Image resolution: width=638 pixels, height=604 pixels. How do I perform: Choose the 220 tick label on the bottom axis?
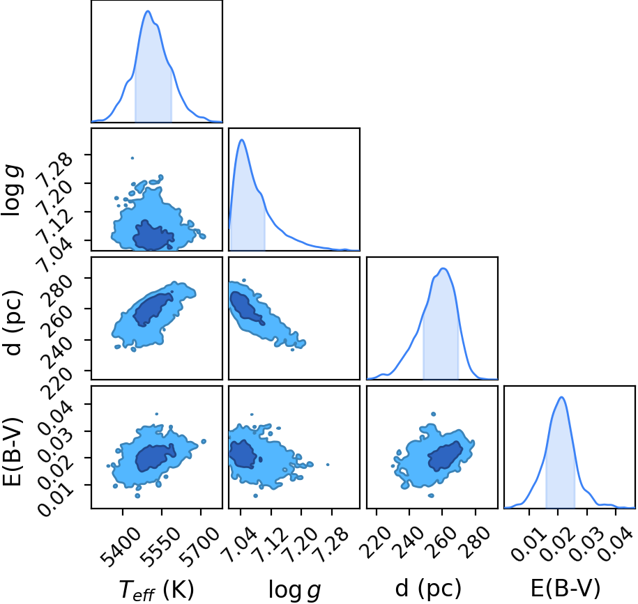tap(376, 542)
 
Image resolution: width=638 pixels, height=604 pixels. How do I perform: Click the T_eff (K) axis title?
tap(157, 589)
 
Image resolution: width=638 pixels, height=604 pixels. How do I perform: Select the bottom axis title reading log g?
tap(294, 590)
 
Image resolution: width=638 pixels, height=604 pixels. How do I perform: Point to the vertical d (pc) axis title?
tap(13, 323)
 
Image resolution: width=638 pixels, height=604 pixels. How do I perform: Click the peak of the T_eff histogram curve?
tap(148, 11)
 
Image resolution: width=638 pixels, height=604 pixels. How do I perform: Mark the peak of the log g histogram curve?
tap(242, 140)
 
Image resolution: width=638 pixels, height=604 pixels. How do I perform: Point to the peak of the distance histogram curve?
tap(443, 268)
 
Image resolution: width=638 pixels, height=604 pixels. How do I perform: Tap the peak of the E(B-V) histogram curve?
tap(561, 397)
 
